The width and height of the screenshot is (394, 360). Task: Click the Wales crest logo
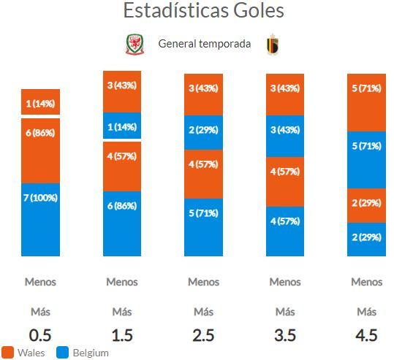coord(135,45)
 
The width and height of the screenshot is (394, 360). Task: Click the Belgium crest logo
coord(273,45)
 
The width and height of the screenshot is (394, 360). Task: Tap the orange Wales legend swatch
coord(7,353)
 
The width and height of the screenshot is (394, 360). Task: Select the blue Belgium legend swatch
coord(62,353)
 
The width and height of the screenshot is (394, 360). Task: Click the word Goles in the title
coord(259,10)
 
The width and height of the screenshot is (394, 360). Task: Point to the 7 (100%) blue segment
coord(40,220)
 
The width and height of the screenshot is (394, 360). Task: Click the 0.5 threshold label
coord(40,335)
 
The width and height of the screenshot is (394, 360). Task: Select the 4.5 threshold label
coord(367,335)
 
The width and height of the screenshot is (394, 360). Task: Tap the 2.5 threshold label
coord(203,335)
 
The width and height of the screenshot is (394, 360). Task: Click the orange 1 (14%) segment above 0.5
coord(40,102)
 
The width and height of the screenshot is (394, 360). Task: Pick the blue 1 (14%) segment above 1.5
coord(122,126)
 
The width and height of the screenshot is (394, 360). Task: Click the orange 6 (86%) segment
coord(40,151)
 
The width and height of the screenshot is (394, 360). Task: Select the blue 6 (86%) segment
coord(122,223)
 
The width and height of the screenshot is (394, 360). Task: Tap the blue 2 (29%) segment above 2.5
coord(203,133)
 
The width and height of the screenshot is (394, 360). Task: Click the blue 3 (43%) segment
coord(285,136)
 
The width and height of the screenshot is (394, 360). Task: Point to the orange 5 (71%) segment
coord(367,103)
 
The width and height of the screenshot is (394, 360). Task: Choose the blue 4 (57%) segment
coord(285,231)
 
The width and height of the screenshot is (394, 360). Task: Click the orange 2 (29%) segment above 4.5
coord(367,206)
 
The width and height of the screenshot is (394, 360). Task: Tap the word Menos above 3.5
coord(285,282)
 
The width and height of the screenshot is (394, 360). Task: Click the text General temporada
coord(205,44)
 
